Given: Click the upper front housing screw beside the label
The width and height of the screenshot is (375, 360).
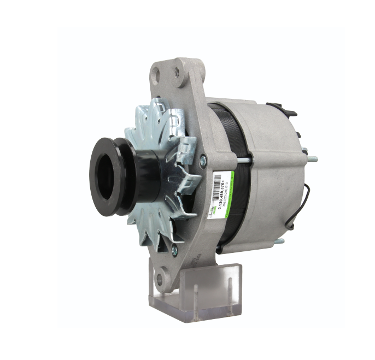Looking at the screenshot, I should click(x=203, y=160).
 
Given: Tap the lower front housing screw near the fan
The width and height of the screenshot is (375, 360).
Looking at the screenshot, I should click(x=174, y=250).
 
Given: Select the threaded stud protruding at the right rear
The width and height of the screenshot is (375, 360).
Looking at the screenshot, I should click(x=312, y=160).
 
